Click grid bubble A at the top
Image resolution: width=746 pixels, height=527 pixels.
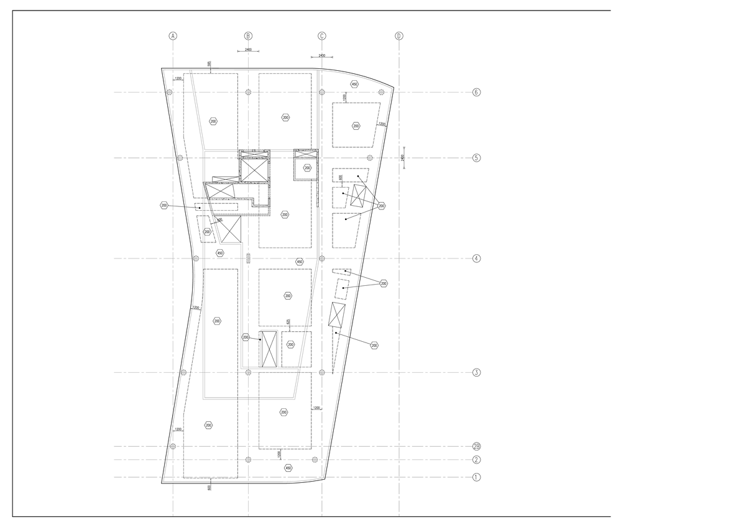[173, 36]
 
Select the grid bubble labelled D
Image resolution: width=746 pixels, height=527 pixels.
[399, 36]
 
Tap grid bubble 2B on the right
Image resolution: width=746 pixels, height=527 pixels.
[477, 446]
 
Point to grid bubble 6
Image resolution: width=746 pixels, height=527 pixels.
[477, 93]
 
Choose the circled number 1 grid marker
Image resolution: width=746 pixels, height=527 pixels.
[477, 478]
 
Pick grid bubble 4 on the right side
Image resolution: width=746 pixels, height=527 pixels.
[477, 259]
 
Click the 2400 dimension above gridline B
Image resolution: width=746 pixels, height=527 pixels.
[248, 50]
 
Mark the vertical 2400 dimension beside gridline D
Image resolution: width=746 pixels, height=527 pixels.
[403, 158]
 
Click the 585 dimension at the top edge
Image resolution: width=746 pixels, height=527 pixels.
[210, 64]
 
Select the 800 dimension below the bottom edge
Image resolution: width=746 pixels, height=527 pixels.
[210, 487]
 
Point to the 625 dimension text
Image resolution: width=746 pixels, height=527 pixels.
[288, 321]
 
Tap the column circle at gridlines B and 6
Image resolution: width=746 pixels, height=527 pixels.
[248, 93]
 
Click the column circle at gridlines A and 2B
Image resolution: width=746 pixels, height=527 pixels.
[173, 446]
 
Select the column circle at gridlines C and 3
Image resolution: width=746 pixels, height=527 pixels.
[321, 372]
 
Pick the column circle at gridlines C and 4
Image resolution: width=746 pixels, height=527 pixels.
[321, 259]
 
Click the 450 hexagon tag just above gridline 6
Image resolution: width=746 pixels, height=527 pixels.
[354, 84]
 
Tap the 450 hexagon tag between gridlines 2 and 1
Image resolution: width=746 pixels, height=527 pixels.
[287, 468]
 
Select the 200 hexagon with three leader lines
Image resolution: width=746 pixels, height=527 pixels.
[381, 206]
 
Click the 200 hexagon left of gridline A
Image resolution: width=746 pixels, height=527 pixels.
[164, 205]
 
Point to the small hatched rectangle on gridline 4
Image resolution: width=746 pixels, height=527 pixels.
[248, 258]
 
